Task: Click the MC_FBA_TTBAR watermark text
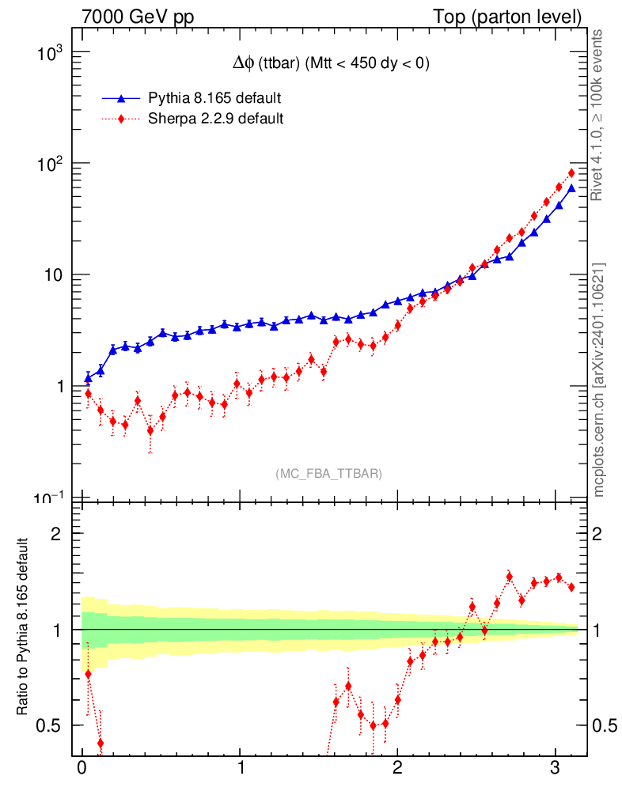pyautogui.click(x=329, y=474)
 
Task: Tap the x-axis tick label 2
pyautogui.click(x=397, y=770)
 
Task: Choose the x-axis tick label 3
pyautogui.click(x=556, y=770)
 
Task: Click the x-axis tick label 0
pyautogui.click(x=82, y=770)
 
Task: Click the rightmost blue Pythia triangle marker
pyautogui.click(x=571, y=187)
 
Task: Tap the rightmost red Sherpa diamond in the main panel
pyautogui.click(x=571, y=173)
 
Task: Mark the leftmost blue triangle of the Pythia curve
pyautogui.click(x=88, y=379)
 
